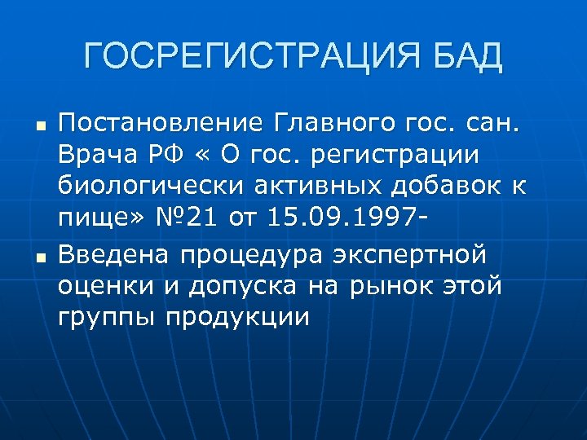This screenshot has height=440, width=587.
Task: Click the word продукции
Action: (237, 318)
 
